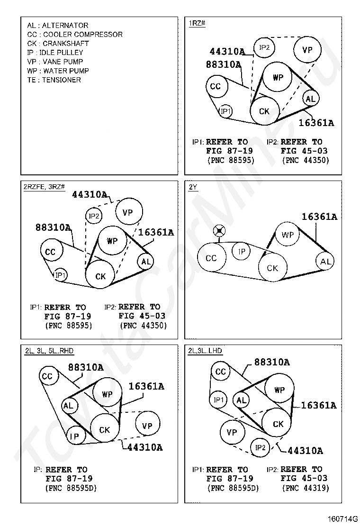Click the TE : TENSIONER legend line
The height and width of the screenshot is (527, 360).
pyautogui.click(x=54, y=80)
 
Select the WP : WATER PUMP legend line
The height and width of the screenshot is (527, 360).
pyautogui.click(x=58, y=71)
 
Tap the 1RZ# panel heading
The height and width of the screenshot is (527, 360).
pyautogui.click(x=197, y=23)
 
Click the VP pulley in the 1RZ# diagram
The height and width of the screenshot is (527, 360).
pyautogui.click(x=307, y=50)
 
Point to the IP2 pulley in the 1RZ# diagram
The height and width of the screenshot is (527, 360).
pyautogui.click(x=264, y=47)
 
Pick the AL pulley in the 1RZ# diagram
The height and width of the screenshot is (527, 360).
pyautogui.click(x=310, y=99)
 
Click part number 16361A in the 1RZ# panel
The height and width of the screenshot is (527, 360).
pyautogui.click(x=316, y=123)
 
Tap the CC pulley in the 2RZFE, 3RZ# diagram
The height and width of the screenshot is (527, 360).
pyautogui.click(x=50, y=252)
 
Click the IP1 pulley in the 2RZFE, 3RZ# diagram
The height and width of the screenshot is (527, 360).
pyautogui.click(x=60, y=275)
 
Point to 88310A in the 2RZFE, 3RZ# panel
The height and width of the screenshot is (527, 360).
pyautogui.click(x=53, y=227)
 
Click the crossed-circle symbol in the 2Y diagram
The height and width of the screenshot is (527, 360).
pyautogui.click(x=219, y=231)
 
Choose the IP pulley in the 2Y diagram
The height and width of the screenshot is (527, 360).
pyautogui.click(x=242, y=251)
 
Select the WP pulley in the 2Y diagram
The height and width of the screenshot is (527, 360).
pyautogui.click(x=288, y=235)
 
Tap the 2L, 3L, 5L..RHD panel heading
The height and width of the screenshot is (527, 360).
pyautogui.click(x=49, y=351)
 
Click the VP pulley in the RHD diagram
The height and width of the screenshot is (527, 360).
pyautogui.click(x=147, y=426)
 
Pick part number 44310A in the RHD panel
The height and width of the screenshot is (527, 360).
pyautogui.click(x=145, y=447)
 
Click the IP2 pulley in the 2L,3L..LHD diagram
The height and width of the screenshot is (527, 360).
pyautogui.click(x=261, y=447)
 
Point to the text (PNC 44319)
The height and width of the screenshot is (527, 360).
pyautogui.click(x=305, y=488)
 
